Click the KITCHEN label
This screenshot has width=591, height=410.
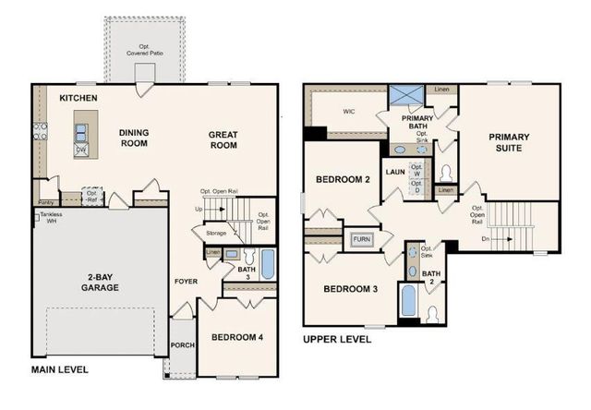point(78,98)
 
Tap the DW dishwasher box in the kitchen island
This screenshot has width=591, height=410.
point(81,149)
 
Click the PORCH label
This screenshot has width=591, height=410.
point(183,345)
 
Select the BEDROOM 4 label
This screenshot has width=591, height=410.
point(237,337)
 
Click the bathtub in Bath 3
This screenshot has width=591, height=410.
point(267,265)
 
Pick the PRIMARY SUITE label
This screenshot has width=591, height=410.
point(511,142)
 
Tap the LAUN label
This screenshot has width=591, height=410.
point(395,172)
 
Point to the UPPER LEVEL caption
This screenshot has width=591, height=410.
point(337,339)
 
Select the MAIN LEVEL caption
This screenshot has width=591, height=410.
point(60,369)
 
